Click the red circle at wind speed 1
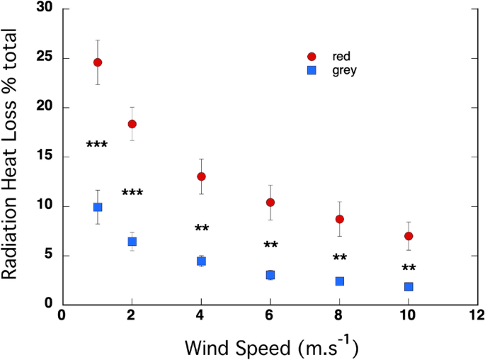point(98,62)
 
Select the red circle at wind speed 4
point(201,176)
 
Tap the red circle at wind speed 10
point(409,236)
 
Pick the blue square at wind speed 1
point(98,207)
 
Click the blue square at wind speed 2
point(132,242)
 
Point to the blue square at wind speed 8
point(340,281)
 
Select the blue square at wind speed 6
point(270,275)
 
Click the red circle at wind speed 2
point(132,124)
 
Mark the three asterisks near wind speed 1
point(97,145)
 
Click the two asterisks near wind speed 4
point(201,228)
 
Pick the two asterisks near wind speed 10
point(409,268)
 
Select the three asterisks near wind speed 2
point(132,193)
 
